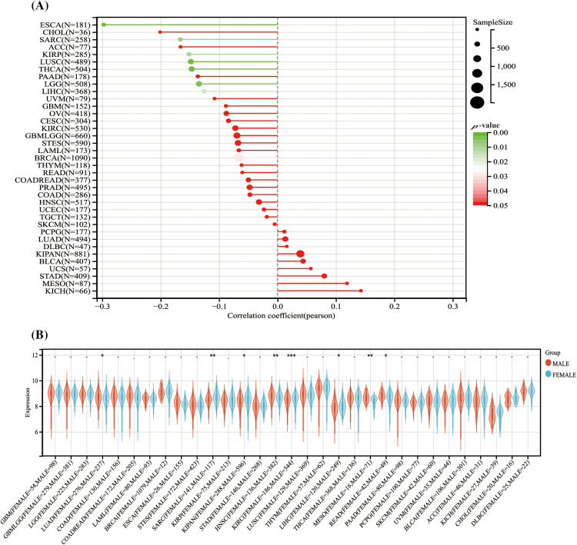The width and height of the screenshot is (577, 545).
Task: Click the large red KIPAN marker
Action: point(300,254)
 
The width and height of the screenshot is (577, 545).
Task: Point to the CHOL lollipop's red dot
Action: point(160,32)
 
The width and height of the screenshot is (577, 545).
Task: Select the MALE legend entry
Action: point(547,362)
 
